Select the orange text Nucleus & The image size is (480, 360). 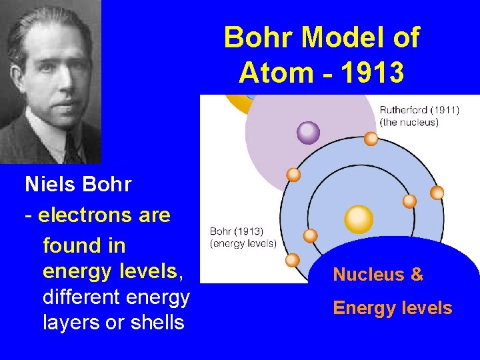pyautogui.click(x=378, y=275)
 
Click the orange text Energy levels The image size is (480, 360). pyautogui.click(x=393, y=308)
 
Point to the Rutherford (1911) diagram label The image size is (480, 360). pyautogui.click(x=419, y=111)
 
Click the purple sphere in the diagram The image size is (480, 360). pyautogui.click(x=308, y=133)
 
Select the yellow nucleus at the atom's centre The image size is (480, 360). pyautogui.click(x=359, y=219)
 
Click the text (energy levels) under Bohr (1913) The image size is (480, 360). pyautogui.click(x=243, y=243)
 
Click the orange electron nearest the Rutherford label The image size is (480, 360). pyautogui.click(x=371, y=139)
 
